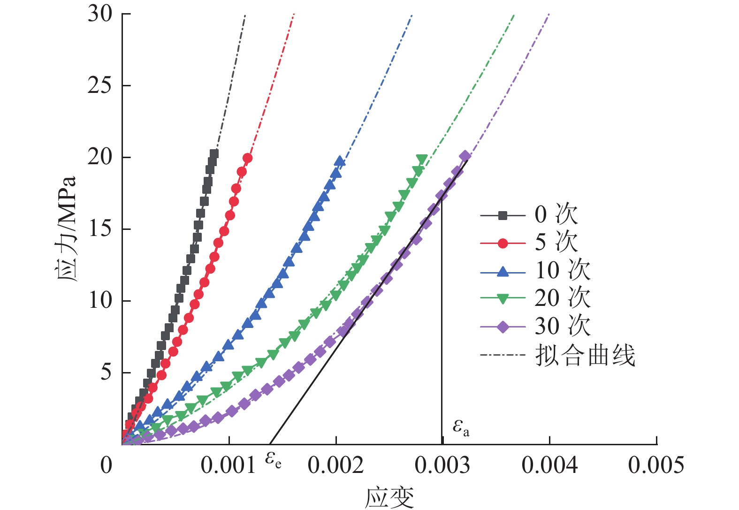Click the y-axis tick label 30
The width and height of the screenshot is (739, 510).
(x=100, y=14)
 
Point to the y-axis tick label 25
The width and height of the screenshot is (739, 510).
(x=100, y=85)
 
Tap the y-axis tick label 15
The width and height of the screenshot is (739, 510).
(x=100, y=229)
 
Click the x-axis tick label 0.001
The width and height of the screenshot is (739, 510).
(x=229, y=465)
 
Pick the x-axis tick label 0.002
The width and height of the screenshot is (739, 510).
(x=335, y=465)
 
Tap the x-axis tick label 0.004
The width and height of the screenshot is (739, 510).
(x=549, y=465)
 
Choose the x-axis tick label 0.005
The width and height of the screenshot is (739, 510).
(x=656, y=465)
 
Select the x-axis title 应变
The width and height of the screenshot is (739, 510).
(x=389, y=498)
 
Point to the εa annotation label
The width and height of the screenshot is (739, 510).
(x=460, y=427)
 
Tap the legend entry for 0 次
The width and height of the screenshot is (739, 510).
(x=556, y=215)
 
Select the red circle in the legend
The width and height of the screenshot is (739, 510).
(x=503, y=243)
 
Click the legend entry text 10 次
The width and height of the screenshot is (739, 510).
(x=563, y=271)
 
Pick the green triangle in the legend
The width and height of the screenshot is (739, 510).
(x=503, y=298)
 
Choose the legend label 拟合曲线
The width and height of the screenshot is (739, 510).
(x=585, y=355)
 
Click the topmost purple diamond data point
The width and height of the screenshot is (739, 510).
(x=465, y=156)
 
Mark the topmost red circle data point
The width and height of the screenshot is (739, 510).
(x=247, y=158)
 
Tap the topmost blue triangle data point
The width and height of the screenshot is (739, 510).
(x=339, y=162)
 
